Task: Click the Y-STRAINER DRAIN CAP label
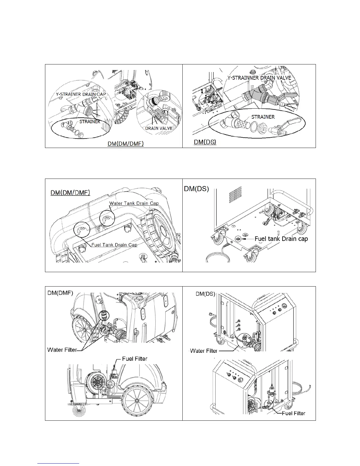click(x=81, y=94)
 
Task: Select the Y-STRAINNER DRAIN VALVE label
click(x=259, y=78)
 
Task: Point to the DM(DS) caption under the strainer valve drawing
click(x=205, y=142)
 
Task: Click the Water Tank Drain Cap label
click(x=134, y=203)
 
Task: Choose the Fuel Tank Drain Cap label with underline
click(x=114, y=245)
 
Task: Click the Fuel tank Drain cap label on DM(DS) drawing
click(x=281, y=239)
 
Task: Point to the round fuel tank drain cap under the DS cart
click(x=237, y=239)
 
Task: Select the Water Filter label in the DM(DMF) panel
click(x=62, y=350)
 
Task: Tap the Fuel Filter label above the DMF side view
click(x=134, y=359)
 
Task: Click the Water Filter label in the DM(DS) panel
click(x=204, y=351)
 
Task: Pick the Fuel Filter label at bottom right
click(x=293, y=413)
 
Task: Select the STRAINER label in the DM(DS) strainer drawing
click(x=263, y=117)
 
